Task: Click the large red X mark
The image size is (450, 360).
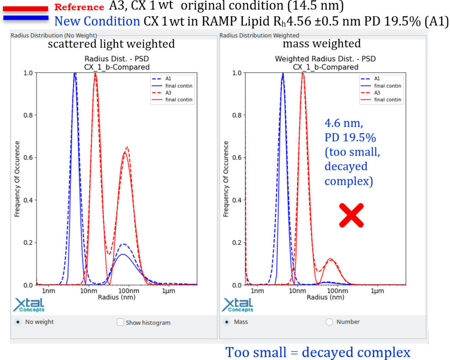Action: tap(352, 215)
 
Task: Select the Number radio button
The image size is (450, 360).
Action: tap(329, 322)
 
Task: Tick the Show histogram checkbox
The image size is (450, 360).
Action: tap(120, 322)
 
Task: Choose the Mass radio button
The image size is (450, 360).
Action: tap(227, 322)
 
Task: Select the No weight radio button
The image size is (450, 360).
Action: tap(18, 322)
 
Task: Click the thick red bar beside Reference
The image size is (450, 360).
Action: tap(25, 8)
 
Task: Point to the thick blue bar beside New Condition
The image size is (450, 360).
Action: tap(25, 18)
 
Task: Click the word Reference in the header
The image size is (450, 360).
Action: tap(79, 7)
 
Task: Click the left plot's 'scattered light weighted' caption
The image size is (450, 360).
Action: tap(111, 44)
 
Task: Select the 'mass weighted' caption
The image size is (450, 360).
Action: tap(322, 44)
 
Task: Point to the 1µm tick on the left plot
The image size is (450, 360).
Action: tap(169, 291)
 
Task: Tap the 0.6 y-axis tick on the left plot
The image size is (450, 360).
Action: tap(27, 158)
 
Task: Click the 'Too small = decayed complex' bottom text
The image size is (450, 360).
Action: tap(318, 352)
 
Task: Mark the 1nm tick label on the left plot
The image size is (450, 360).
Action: tap(48, 291)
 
